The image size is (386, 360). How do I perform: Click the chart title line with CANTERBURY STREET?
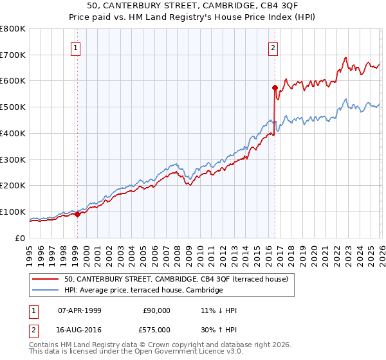tap(193, 6)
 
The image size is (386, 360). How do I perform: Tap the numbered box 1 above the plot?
tap(77, 48)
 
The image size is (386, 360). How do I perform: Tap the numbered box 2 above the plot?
tap(273, 48)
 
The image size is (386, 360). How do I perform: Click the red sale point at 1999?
tap(77, 214)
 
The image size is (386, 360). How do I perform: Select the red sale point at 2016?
tap(275, 87)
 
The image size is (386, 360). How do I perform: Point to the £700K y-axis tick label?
tap(13, 55)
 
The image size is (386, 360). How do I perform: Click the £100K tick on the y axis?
tap(13, 212)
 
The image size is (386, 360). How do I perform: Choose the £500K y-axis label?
tap(13, 107)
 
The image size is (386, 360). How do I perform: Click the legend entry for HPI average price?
tap(143, 291)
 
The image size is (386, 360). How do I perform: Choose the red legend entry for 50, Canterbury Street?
tap(179, 279)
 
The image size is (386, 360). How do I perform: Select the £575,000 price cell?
tap(156, 330)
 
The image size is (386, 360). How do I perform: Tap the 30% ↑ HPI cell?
tap(219, 330)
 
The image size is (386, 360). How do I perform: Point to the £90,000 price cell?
tap(156, 310)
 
